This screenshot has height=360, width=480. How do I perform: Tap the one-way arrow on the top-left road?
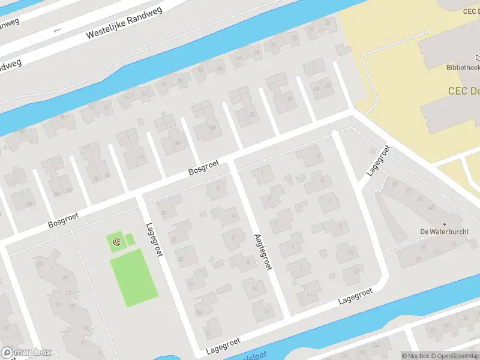(58, 29)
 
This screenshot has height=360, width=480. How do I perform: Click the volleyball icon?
(117, 242)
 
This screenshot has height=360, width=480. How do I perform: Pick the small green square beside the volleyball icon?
(130, 239)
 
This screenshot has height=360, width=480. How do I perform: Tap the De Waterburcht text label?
(445, 232)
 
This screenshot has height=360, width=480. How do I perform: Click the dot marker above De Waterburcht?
(445, 224)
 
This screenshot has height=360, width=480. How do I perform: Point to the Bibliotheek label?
(463, 68)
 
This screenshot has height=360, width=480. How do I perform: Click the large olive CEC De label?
(463, 91)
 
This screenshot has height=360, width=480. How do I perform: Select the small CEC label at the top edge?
(470, 11)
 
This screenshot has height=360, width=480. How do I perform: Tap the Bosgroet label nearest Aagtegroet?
(204, 167)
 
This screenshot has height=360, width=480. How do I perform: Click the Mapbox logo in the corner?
(26, 353)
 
